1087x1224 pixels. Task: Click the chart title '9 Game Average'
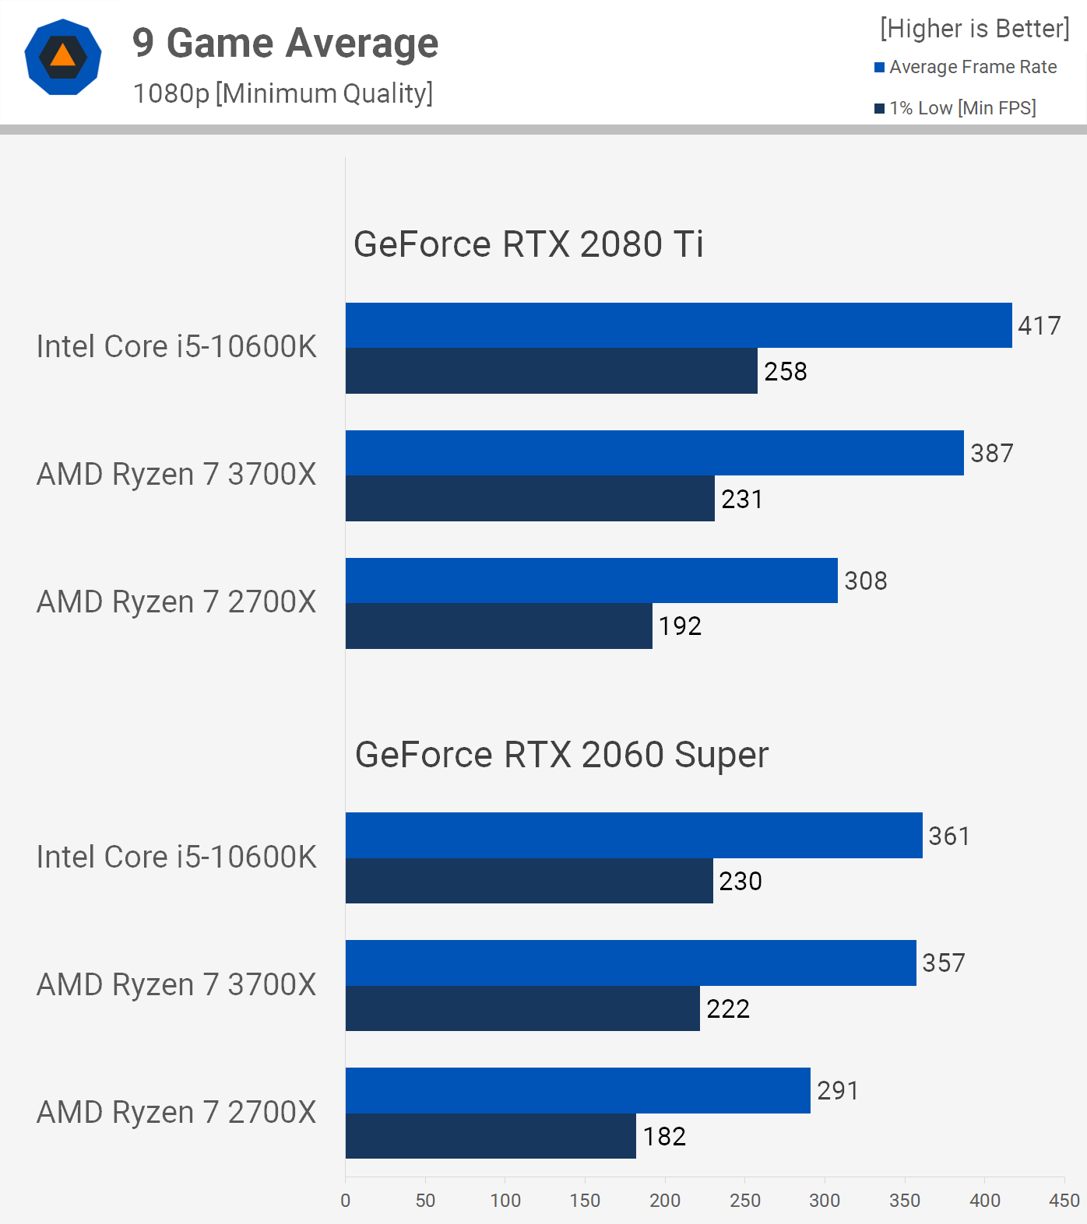pyautogui.click(x=285, y=44)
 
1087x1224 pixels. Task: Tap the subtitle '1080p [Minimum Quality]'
pyautogui.click(x=283, y=93)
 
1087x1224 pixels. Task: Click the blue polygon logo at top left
pyautogui.click(x=63, y=57)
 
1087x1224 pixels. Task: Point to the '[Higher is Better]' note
pyautogui.click(x=974, y=29)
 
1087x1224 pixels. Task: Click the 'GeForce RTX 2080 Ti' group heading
pyautogui.click(x=528, y=244)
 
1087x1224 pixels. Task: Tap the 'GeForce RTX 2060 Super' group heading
pyautogui.click(x=561, y=755)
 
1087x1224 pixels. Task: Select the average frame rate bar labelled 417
pyautogui.click(x=678, y=325)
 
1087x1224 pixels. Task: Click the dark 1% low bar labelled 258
pyautogui.click(x=551, y=370)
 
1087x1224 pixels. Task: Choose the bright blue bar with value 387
pyautogui.click(x=654, y=453)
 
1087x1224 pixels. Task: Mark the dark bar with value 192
pyautogui.click(x=498, y=626)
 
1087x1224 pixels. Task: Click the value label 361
pyautogui.click(x=949, y=836)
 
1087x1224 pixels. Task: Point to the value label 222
pyautogui.click(x=728, y=1008)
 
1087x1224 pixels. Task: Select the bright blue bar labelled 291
pyautogui.click(x=578, y=1090)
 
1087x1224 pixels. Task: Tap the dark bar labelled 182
pyautogui.click(x=491, y=1136)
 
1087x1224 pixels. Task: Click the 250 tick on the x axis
pyautogui.click(x=745, y=1201)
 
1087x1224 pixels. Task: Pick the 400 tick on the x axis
pyautogui.click(x=985, y=1201)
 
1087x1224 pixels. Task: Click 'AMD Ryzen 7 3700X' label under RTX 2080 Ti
pyautogui.click(x=177, y=474)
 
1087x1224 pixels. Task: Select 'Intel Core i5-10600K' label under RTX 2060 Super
pyautogui.click(x=177, y=857)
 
